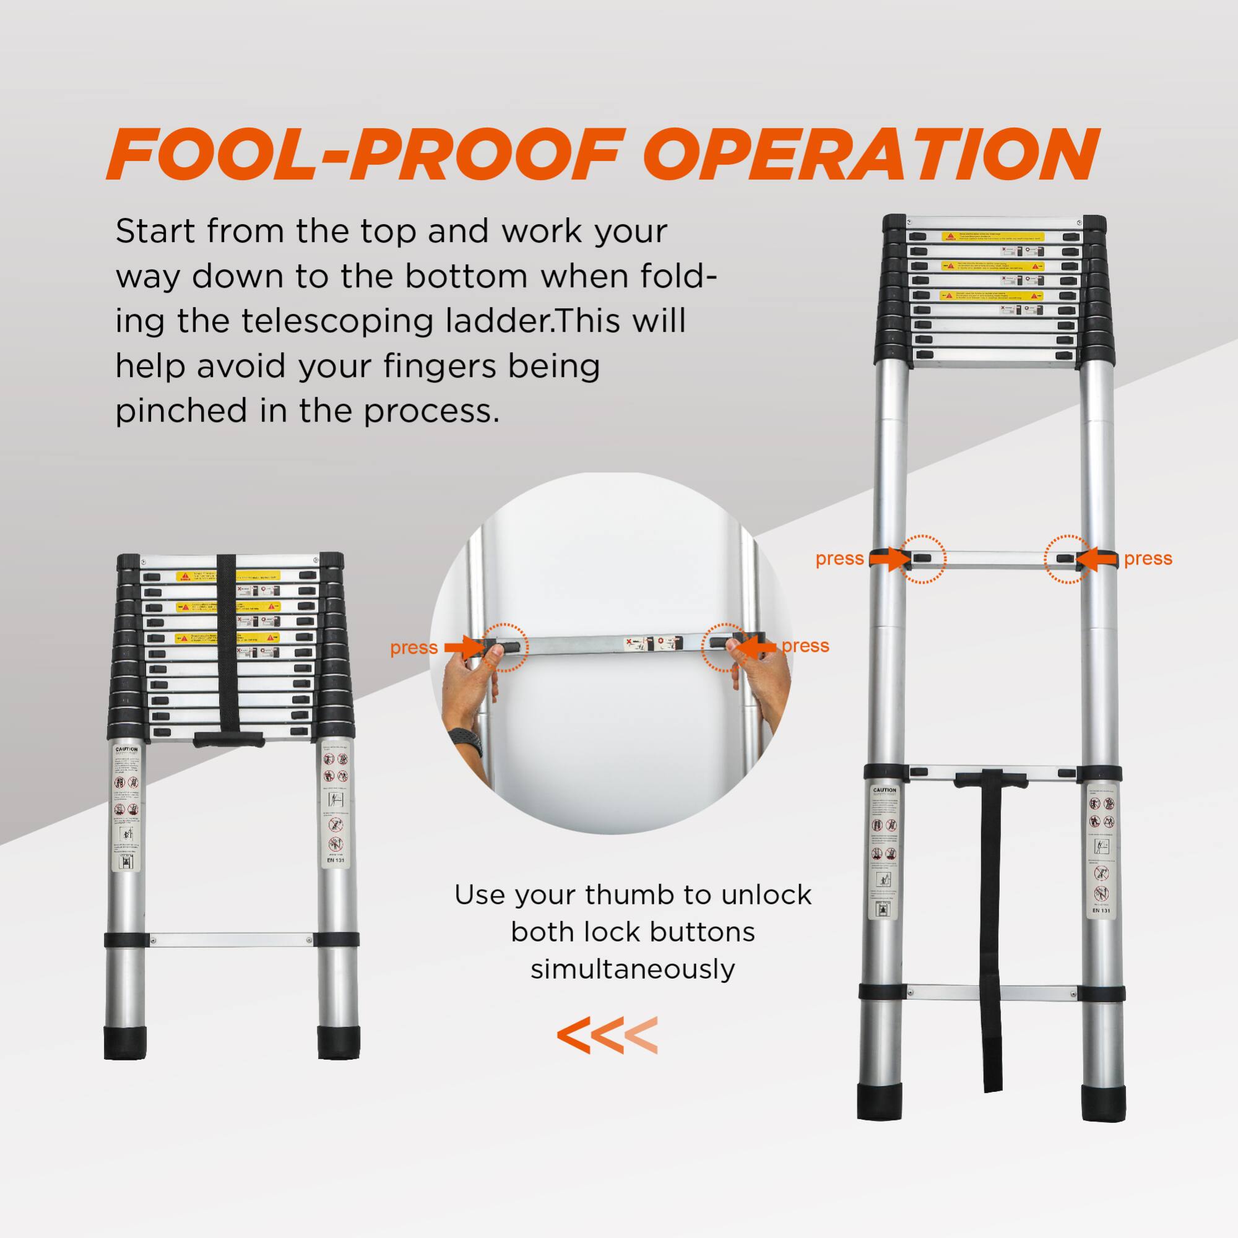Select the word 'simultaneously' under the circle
[632, 968]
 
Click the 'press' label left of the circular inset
[413, 648]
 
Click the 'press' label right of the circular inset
[805, 646]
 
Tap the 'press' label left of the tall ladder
[839, 559]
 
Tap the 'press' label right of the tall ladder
[1148, 559]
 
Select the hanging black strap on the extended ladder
[990, 929]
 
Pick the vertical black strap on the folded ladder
[225, 647]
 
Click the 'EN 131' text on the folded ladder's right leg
[335, 860]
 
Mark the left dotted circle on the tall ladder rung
[922, 559]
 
